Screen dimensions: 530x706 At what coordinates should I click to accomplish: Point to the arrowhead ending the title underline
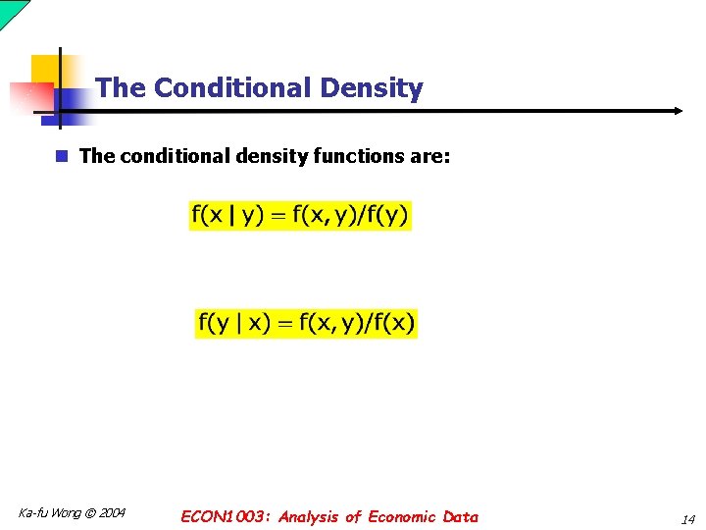click(x=677, y=111)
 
